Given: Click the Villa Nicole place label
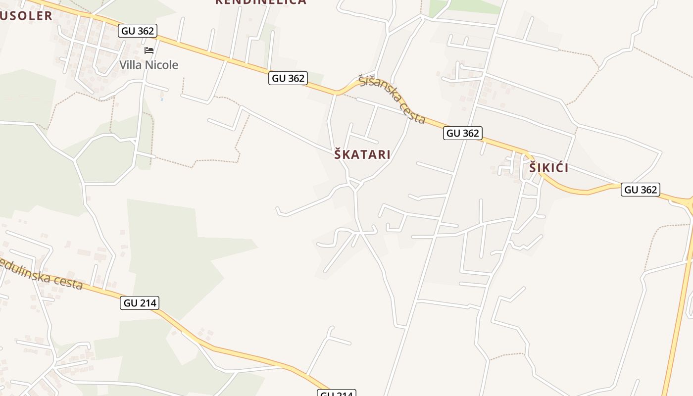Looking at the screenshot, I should coord(148,65).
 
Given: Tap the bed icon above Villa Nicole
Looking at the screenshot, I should coord(149,50).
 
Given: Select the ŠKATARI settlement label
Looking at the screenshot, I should coord(362,154).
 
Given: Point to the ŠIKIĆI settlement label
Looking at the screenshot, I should coord(549,168).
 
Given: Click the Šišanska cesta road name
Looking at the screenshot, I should coord(392,99).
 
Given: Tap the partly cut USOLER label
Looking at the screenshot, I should coord(26,16).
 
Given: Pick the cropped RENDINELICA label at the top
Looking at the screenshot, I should coord(261,2).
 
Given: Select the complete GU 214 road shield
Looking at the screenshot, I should coord(140,303).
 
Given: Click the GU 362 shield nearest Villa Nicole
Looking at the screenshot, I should coord(138,31).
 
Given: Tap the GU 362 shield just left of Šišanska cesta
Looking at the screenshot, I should coord(288,78).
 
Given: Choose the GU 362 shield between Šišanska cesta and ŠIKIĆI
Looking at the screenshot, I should coord(462,133).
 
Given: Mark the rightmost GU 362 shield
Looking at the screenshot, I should coord(641,190).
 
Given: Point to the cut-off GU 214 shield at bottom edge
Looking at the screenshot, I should coord(337,393).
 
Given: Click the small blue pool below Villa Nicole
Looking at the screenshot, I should coord(162,99).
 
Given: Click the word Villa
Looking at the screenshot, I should coord(130,65).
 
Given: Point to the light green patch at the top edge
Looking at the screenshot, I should coord(465,6).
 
